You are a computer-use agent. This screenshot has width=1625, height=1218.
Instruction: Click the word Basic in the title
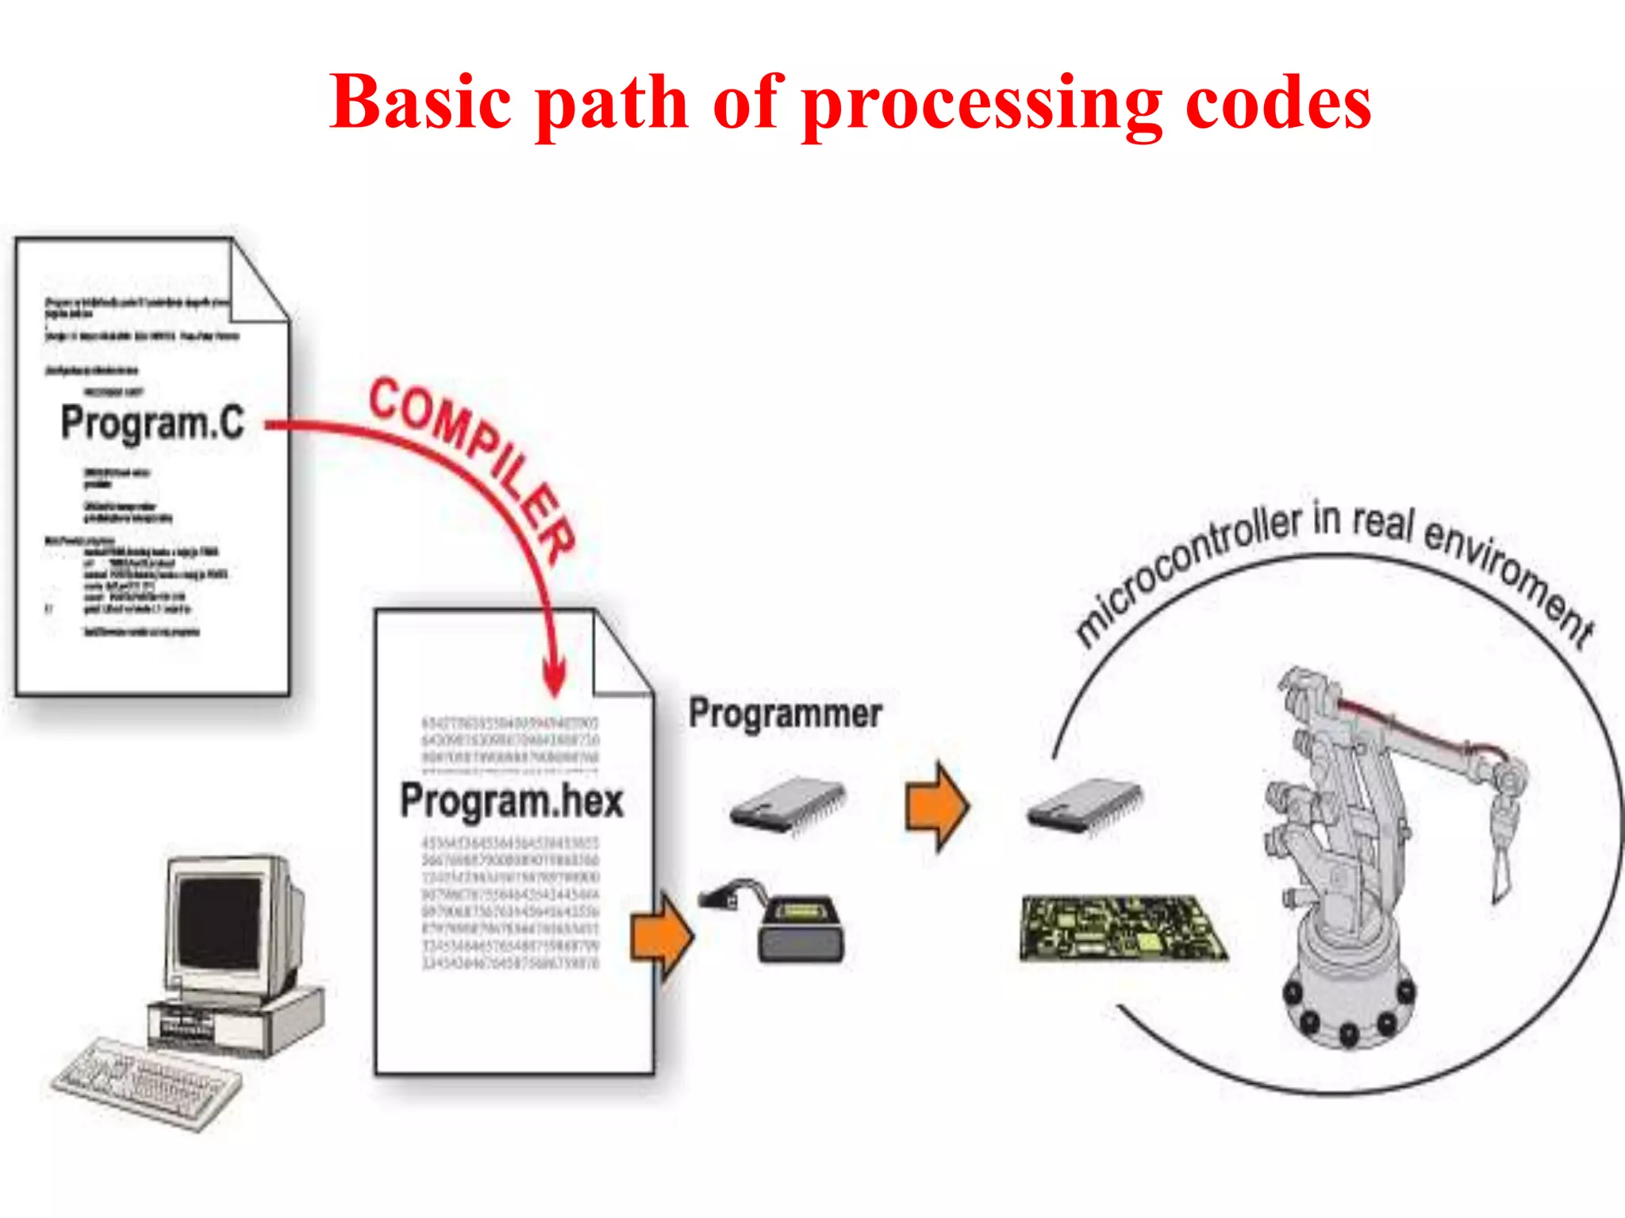click(x=421, y=103)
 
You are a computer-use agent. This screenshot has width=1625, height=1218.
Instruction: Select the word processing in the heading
click(x=982, y=107)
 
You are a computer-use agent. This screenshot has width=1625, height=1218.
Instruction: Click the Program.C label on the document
click(x=152, y=423)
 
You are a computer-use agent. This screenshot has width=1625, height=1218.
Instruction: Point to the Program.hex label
click(x=512, y=801)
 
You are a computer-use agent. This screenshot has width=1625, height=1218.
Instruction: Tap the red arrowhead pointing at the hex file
click(x=555, y=678)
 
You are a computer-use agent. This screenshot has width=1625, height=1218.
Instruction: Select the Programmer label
click(x=785, y=713)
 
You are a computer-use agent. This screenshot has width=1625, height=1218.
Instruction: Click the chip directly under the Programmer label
click(x=787, y=805)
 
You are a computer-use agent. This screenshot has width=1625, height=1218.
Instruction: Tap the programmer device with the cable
click(x=797, y=928)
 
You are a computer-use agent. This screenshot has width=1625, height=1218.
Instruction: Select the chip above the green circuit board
click(x=1085, y=805)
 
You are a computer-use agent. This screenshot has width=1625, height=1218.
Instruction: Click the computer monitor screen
click(x=218, y=924)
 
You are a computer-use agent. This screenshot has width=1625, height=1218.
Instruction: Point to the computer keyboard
click(x=147, y=1082)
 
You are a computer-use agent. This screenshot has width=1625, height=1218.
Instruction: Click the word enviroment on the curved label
click(x=1508, y=579)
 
